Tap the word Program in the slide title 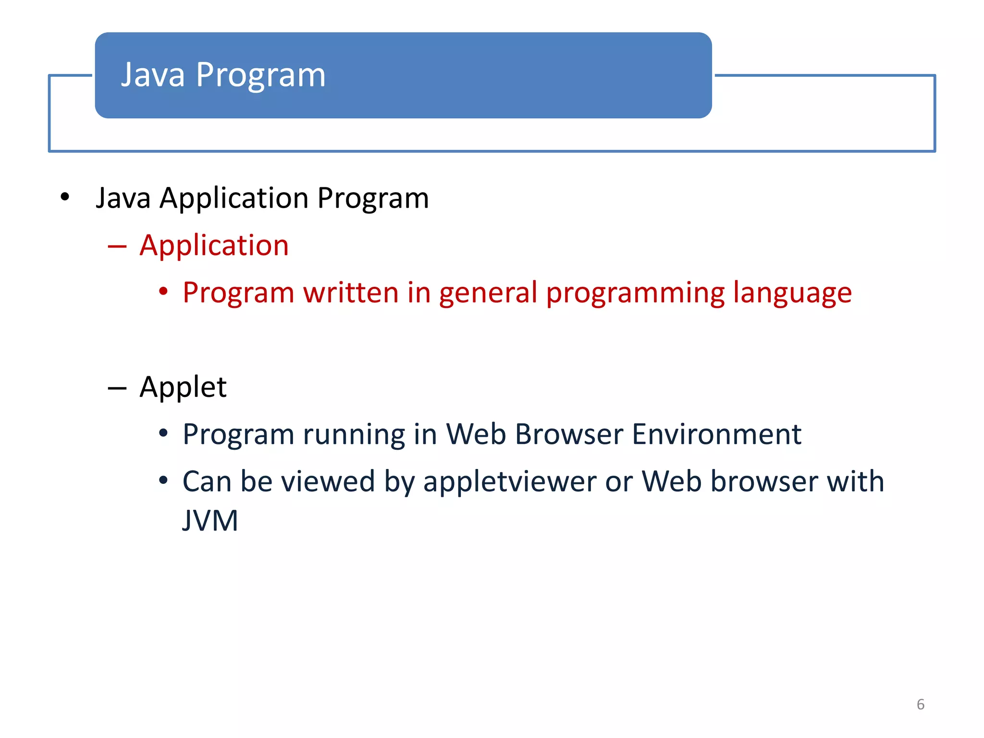[x=260, y=76]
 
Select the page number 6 [x=920, y=704]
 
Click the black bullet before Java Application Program [x=65, y=197]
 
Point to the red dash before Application [x=117, y=246]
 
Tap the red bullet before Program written [x=163, y=292]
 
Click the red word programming [x=635, y=293]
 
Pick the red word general [x=488, y=293]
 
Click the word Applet [x=183, y=387]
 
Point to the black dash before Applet [x=117, y=388]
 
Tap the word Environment [x=716, y=434]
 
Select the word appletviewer [x=509, y=482]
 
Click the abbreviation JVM [x=210, y=520]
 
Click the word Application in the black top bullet [x=234, y=198]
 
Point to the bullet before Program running [x=163, y=433]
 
